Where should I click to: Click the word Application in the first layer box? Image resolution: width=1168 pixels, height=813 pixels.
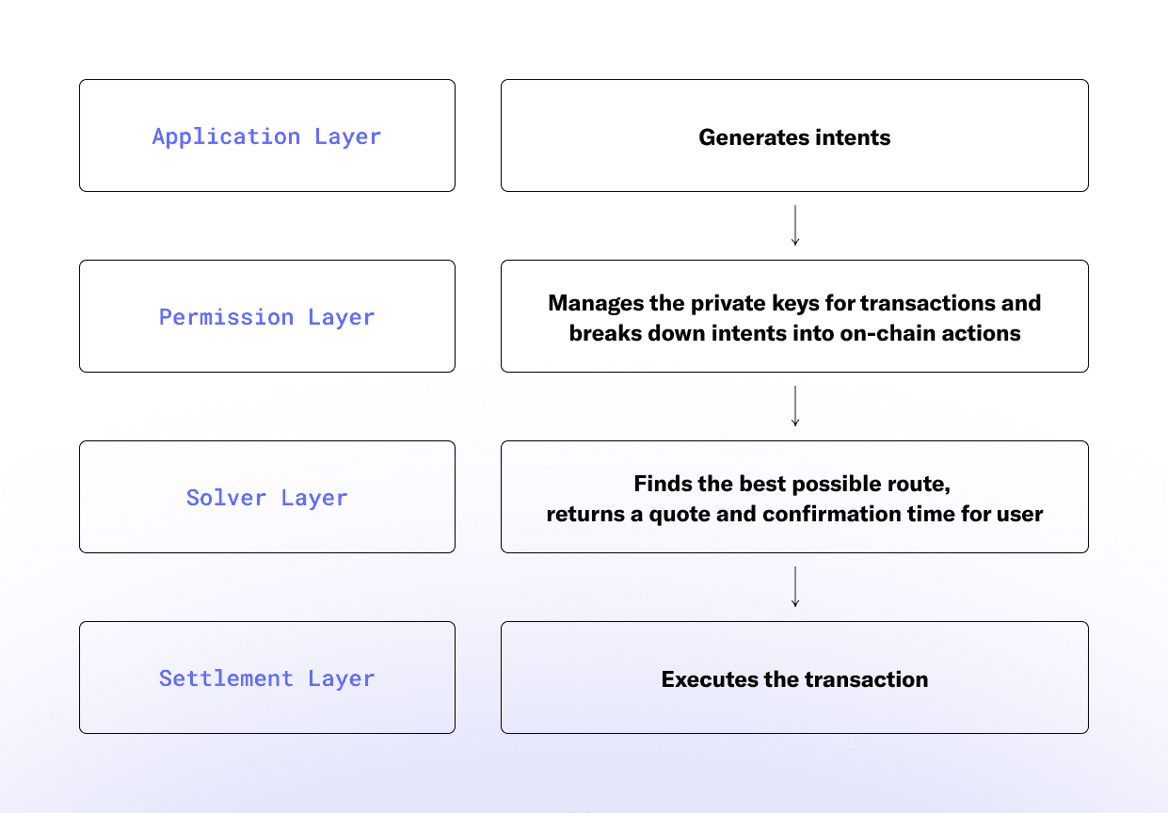(226, 137)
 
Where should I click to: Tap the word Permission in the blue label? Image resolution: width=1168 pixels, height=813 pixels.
(226, 317)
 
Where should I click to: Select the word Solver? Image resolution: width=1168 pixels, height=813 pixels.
(226, 498)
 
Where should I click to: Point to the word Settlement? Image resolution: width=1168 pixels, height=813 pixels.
(226, 678)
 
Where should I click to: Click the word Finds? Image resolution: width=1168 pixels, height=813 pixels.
(663, 484)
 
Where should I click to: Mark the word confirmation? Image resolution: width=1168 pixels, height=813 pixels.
(832, 514)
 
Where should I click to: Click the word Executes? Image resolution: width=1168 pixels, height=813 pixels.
(710, 679)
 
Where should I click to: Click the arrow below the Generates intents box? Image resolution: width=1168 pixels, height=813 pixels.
(795, 225)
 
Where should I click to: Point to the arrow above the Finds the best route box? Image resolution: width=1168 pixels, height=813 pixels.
(795, 406)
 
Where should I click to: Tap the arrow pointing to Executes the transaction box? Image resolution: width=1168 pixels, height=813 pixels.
(795, 587)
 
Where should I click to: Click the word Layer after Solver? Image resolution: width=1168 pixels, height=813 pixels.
(314, 499)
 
